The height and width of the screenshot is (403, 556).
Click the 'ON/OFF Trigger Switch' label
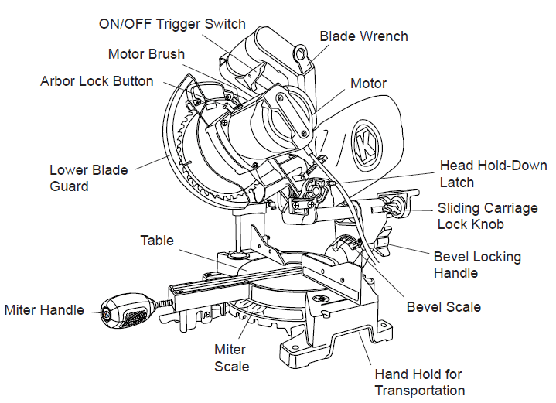[172, 23]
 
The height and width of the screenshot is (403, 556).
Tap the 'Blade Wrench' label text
[364, 36]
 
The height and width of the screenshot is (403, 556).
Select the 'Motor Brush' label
[146, 54]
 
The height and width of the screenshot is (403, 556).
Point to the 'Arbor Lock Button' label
[97, 81]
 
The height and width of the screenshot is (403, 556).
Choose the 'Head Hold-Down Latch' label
[493, 173]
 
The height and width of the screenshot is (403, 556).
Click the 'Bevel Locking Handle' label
[477, 265]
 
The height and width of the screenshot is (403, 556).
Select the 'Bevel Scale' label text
[444, 307]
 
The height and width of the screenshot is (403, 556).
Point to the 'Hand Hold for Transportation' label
[420, 382]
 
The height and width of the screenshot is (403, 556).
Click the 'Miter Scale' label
[232, 358]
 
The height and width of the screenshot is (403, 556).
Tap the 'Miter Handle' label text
[44, 310]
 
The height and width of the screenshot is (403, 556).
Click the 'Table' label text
[157, 240]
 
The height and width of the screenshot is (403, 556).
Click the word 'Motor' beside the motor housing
[368, 84]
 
